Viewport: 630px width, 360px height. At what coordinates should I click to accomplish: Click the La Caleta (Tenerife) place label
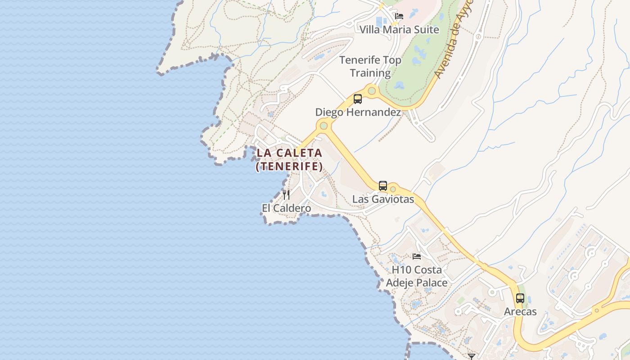[x=290, y=160]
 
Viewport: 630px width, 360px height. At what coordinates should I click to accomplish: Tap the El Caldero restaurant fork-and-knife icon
[x=286, y=195]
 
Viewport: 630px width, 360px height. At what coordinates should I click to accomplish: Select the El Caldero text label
[x=286, y=208]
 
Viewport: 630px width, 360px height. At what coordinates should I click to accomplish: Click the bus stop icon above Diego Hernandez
[x=358, y=99]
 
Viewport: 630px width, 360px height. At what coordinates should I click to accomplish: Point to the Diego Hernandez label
[x=358, y=112]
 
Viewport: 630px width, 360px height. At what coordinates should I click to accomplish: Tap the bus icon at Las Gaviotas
[x=383, y=185]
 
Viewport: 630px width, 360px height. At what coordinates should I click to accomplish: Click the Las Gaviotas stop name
[x=383, y=199]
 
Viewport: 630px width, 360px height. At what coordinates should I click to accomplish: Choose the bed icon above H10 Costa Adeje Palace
[x=417, y=256]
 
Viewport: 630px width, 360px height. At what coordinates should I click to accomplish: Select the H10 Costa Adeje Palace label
[x=417, y=276]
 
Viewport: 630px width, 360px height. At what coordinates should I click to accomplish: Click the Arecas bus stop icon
[x=520, y=298]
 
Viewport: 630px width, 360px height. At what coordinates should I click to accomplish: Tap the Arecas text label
[x=520, y=311]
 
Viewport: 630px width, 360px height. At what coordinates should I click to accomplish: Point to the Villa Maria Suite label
[x=399, y=30]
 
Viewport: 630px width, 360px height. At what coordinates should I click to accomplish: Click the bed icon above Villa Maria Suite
[x=399, y=16]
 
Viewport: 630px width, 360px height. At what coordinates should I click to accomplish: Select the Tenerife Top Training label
[x=370, y=66]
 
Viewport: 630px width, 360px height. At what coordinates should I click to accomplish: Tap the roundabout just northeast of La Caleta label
[x=323, y=126]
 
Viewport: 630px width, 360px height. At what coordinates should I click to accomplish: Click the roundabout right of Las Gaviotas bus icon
[x=393, y=189]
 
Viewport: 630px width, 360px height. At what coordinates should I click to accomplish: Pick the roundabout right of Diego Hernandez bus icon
[x=372, y=91]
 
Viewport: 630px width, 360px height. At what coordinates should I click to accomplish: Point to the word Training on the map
[x=370, y=73]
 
